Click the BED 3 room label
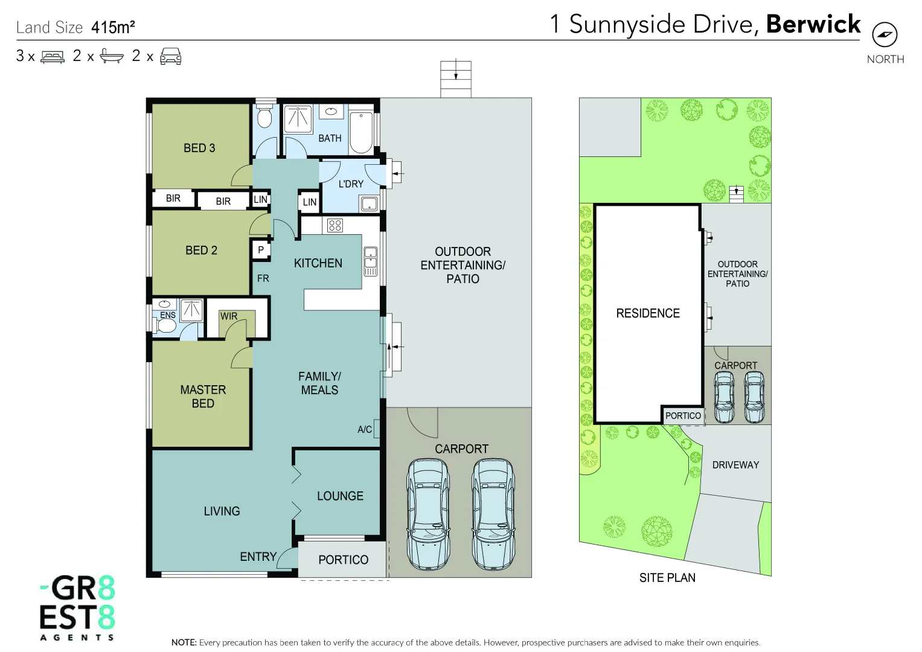(x=199, y=148)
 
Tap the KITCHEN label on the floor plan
(x=318, y=263)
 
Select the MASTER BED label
(x=203, y=397)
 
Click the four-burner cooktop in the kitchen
(x=335, y=225)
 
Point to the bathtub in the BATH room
(x=361, y=132)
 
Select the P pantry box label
(x=261, y=249)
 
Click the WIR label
(x=229, y=316)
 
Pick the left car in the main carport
(x=429, y=514)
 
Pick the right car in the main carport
(x=493, y=514)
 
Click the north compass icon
(x=885, y=34)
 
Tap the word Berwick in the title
(x=813, y=24)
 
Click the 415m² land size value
(x=113, y=27)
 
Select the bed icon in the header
(x=53, y=57)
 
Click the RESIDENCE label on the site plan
(x=648, y=313)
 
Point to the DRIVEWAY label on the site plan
(x=735, y=465)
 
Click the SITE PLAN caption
(x=667, y=578)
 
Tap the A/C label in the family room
(x=365, y=429)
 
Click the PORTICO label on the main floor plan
(x=343, y=560)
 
